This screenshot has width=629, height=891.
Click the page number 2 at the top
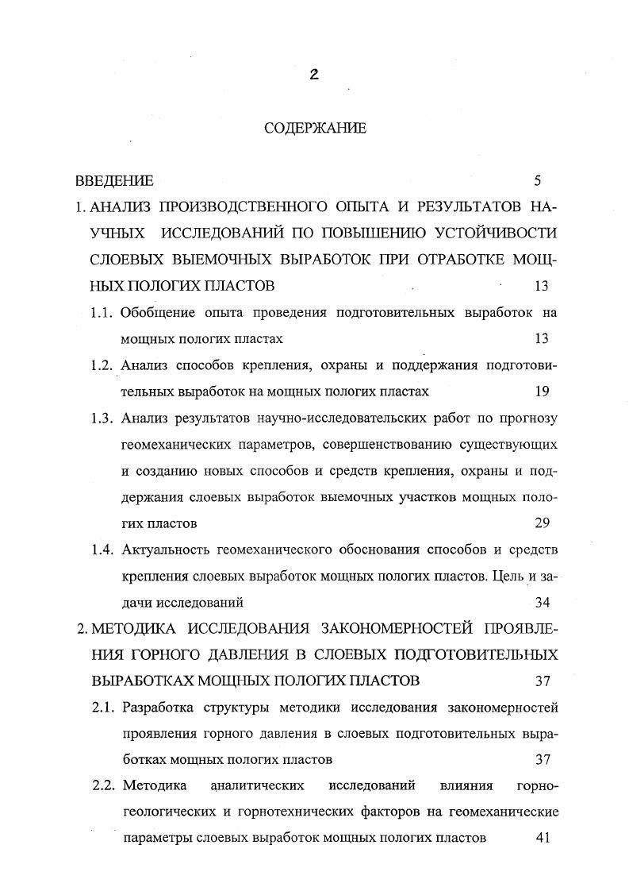314,75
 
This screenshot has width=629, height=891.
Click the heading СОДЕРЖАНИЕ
315,129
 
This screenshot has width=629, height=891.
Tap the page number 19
542,391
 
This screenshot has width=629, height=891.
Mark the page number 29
542,523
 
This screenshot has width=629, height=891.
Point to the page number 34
542,602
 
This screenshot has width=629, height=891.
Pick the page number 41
542,838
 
